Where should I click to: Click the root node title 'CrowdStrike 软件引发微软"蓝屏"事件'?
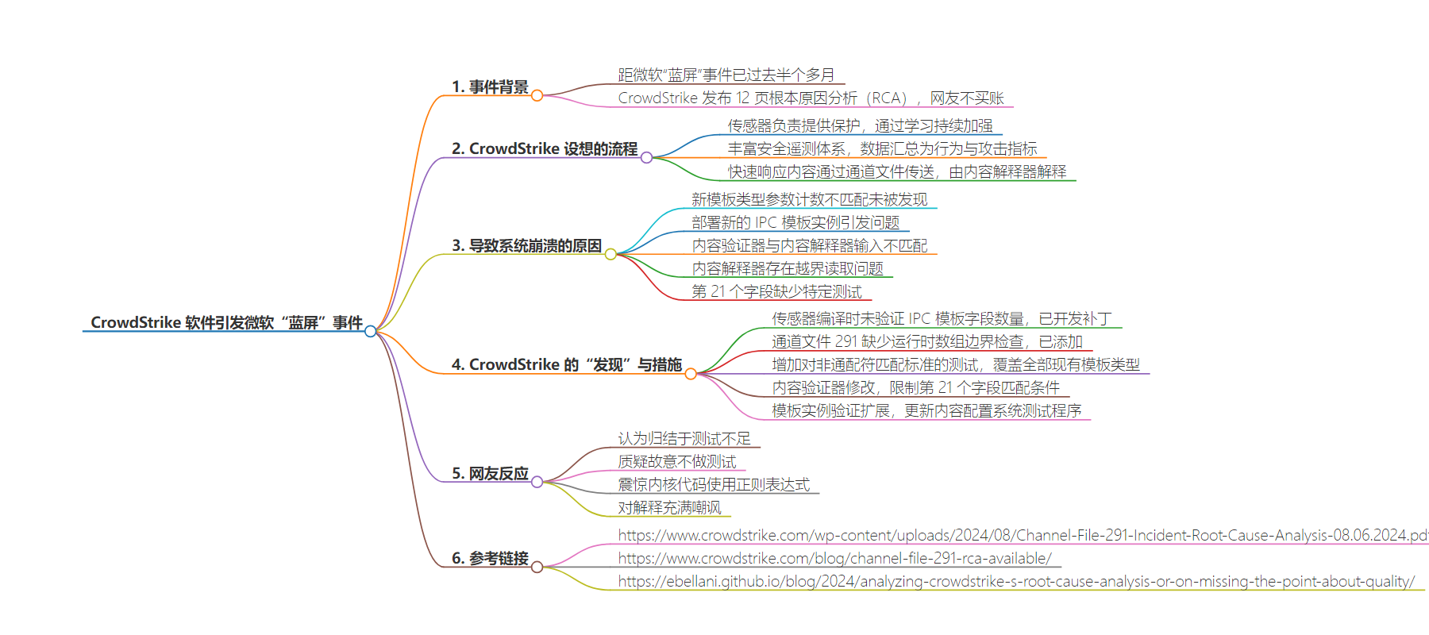(x=226, y=322)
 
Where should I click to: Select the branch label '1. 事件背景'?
(x=490, y=87)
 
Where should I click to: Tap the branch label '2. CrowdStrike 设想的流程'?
(x=545, y=148)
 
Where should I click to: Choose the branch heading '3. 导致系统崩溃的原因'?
(x=526, y=245)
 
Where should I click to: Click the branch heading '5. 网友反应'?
(x=490, y=473)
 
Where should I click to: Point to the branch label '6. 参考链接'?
(x=490, y=558)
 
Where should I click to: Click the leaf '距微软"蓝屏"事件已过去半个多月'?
(x=726, y=75)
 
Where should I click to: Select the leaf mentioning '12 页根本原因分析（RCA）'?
(x=811, y=98)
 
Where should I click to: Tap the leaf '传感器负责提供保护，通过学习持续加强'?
(x=861, y=125)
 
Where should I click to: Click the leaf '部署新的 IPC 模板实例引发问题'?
(x=795, y=222)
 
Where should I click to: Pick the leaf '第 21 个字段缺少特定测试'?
(x=776, y=291)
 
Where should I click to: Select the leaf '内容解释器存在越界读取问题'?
(x=788, y=268)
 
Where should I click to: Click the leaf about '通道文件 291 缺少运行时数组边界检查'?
(x=927, y=341)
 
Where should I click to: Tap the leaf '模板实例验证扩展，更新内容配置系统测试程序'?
(x=926, y=410)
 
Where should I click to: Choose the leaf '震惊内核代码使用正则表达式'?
(x=714, y=484)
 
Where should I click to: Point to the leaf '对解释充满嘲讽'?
(x=670, y=507)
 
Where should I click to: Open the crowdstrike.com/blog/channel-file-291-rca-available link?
(x=834, y=558)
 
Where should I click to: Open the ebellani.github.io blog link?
(x=1016, y=581)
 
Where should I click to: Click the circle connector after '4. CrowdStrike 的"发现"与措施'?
(x=691, y=374)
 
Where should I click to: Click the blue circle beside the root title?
(x=370, y=331)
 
